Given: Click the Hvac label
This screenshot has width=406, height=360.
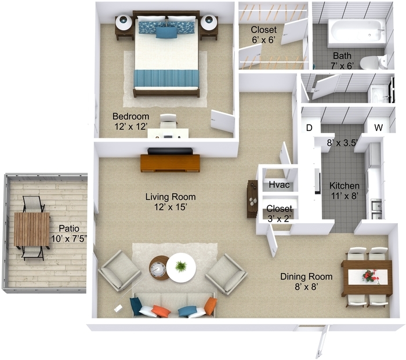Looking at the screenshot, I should point(278,185).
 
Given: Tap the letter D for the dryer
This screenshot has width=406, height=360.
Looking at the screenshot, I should point(309,128).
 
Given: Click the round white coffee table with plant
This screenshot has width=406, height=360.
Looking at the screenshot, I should point(180,268).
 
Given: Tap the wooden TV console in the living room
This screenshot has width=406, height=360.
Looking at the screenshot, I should point(170,163).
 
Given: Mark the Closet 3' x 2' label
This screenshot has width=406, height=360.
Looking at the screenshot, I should point(280,213).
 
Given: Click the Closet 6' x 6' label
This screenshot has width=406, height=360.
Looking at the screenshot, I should point(264,34).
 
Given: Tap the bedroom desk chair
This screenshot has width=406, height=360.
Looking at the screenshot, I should point(168,121).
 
